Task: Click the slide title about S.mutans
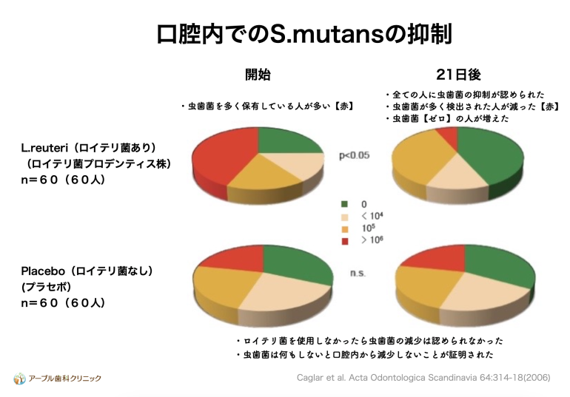pos(305,34)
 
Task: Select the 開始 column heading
pos(258,75)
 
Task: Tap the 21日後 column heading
pos(458,75)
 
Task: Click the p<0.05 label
pos(354,155)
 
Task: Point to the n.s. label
pos(358,273)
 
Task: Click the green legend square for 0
pos(345,204)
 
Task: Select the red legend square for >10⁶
pos(345,241)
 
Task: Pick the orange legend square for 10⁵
pos(345,229)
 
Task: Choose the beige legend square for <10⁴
pos(345,217)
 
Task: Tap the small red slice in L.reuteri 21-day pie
pos(448,136)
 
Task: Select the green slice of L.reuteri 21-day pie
pos(491,156)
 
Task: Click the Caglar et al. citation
pos(423,378)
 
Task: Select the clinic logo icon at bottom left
pos(20,379)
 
